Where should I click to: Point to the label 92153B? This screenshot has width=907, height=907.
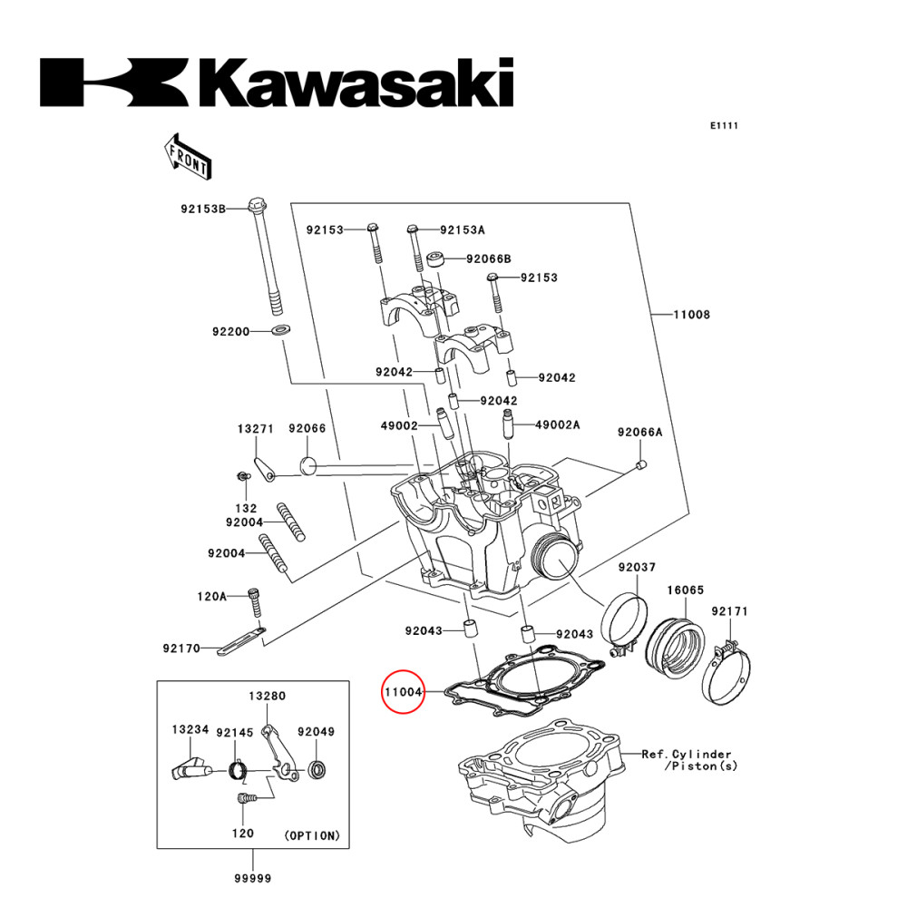[x=201, y=208]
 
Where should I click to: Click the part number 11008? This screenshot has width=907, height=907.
[x=691, y=315]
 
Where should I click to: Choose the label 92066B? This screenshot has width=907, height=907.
[x=489, y=258]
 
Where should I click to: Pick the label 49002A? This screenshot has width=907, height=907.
[x=557, y=424]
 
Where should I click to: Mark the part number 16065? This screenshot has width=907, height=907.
[x=686, y=590]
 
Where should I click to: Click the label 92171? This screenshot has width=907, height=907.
[x=729, y=611]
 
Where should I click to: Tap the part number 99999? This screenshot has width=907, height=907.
[x=252, y=877]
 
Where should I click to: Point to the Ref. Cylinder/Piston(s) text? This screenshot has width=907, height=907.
[x=687, y=759]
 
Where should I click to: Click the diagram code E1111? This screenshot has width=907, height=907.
[x=724, y=126]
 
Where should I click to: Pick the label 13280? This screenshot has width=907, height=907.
[x=268, y=696]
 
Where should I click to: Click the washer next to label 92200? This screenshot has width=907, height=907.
[x=280, y=328]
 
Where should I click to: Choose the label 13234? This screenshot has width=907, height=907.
[x=191, y=728]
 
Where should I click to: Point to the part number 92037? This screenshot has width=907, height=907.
[x=637, y=567]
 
